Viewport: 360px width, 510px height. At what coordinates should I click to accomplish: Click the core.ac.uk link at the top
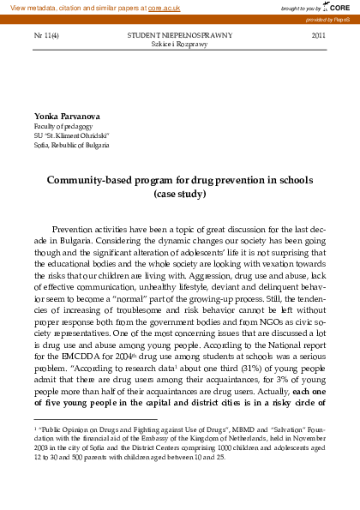pos(164,7)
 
